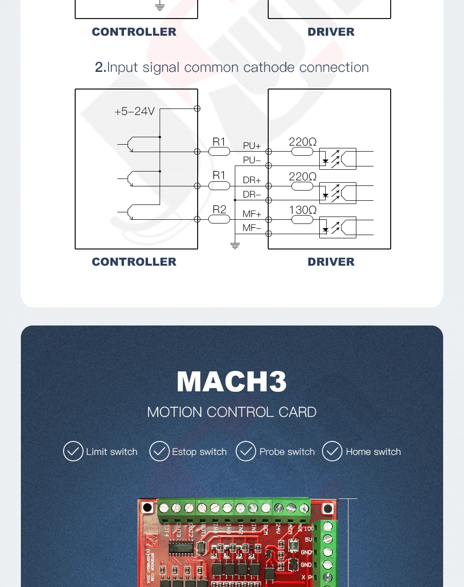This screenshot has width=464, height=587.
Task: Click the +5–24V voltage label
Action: (x=134, y=111)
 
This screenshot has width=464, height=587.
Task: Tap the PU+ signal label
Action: (x=251, y=146)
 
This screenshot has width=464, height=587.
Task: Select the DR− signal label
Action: (x=251, y=194)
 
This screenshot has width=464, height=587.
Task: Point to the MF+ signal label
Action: (x=251, y=214)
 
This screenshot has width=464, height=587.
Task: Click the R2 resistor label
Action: (x=219, y=210)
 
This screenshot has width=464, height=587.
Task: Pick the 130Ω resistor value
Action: (x=303, y=210)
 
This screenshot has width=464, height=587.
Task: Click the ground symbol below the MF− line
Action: (x=235, y=245)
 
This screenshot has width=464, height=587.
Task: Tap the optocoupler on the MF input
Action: (x=337, y=228)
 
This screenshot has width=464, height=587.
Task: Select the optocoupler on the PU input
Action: (x=337, y=159)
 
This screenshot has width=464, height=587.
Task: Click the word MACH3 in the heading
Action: (x=232, y=382)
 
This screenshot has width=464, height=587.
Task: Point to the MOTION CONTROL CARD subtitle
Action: (x=232, y=412)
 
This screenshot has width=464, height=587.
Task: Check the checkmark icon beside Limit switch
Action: (x=73, y=451)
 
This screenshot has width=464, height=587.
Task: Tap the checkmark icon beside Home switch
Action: (x=332, y=451)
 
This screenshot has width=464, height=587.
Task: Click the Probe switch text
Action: (x=287, y=452)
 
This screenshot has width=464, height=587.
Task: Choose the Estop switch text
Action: (x=199, y=452)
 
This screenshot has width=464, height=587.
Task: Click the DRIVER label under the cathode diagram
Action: (x=331, y=262)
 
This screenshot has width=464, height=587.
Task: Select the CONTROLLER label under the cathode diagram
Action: (x=134, y=262)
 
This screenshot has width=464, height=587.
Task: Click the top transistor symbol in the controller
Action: (x=129, y=144)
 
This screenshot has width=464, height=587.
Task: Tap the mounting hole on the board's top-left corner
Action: (x=147, y=507)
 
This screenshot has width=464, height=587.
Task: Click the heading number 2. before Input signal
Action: (x=100, y=68)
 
